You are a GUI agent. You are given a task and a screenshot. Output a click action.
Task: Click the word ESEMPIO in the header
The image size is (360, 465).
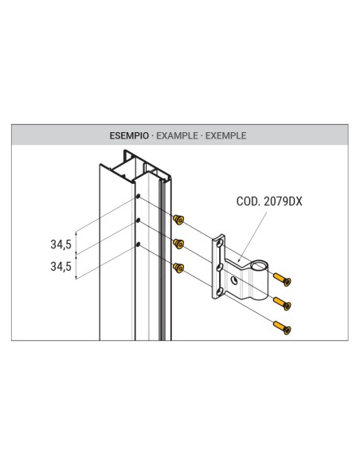point(127,136)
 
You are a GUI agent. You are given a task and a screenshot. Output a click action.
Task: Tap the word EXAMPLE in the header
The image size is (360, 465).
point(177,136)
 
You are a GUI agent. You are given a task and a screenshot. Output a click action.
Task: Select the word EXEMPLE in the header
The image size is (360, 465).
point(225,136)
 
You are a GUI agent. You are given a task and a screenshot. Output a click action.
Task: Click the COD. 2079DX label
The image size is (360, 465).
point(268,202)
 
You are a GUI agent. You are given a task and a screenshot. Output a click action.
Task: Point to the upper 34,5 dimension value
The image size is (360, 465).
point(61,244)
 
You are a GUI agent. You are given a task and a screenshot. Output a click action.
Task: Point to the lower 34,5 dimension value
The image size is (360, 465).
point(61,267)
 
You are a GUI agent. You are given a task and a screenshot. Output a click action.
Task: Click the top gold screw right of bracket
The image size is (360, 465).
point(284,279)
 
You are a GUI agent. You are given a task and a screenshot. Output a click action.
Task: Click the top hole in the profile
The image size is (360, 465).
point(139,196)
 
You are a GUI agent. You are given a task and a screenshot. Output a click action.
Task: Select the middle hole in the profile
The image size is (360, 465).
point(139,220)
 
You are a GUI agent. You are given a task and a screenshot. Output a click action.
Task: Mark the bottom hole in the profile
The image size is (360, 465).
point(139,244)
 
